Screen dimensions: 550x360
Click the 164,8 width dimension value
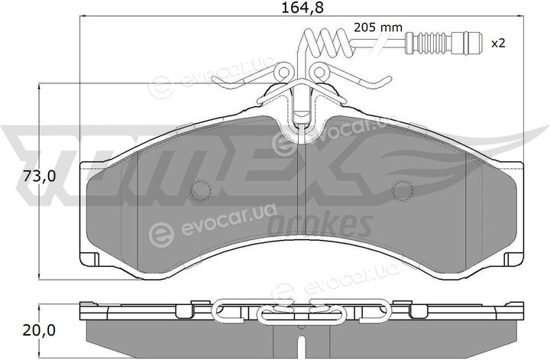(302, 8)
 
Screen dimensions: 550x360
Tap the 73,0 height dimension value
(39, 176)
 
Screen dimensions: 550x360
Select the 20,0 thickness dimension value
(39, 330)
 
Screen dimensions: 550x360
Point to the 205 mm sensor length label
(378, 28)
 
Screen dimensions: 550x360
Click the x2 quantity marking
(498, 44)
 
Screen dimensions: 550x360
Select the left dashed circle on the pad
(201, 190)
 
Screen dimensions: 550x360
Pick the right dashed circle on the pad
(403, 190)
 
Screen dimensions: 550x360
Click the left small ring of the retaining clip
(283, 73)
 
